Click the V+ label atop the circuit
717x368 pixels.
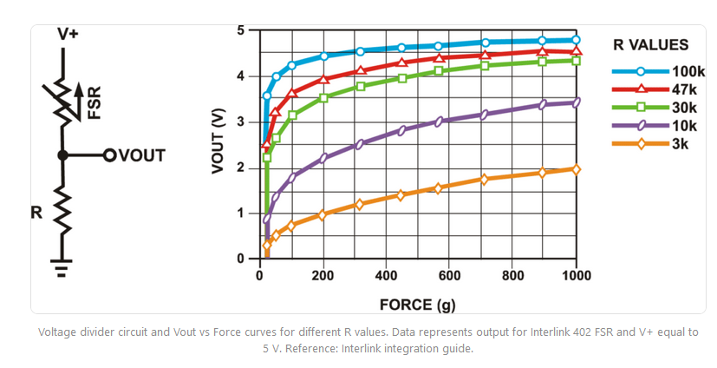[67, 34]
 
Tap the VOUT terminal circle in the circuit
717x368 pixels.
[109, 155]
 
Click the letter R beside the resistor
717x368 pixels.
[36, 211]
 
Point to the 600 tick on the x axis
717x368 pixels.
[450, 275]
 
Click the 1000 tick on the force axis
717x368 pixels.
[576, 275]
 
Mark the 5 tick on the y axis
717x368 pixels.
[240, 31]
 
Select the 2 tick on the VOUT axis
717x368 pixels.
[240, 168]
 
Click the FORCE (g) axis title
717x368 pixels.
[419, 305]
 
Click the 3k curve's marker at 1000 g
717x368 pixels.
[577, 169]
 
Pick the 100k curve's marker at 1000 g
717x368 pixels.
[577, 40]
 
